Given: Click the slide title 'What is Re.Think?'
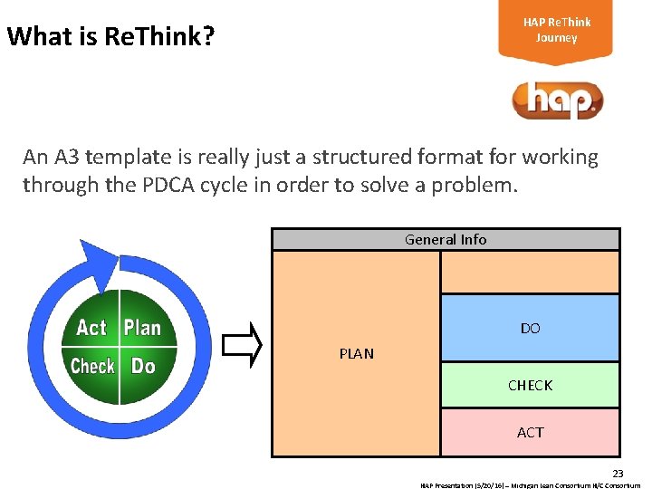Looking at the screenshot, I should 110,37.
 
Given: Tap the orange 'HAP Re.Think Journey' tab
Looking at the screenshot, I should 556,31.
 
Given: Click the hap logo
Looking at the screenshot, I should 556,101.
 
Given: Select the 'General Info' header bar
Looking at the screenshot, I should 446,239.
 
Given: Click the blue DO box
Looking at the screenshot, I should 530,328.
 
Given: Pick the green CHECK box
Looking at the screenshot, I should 530,385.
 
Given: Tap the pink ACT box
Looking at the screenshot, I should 530,432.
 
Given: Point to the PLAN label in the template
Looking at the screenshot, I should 356,353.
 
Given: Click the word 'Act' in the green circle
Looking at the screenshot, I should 91,328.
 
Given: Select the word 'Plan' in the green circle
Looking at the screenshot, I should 142,328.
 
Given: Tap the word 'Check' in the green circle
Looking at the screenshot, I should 92,366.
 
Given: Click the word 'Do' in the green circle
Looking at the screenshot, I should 143,366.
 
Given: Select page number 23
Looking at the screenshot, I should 618,474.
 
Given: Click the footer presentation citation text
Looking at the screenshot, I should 530,484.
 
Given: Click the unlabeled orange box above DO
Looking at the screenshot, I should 530,272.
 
